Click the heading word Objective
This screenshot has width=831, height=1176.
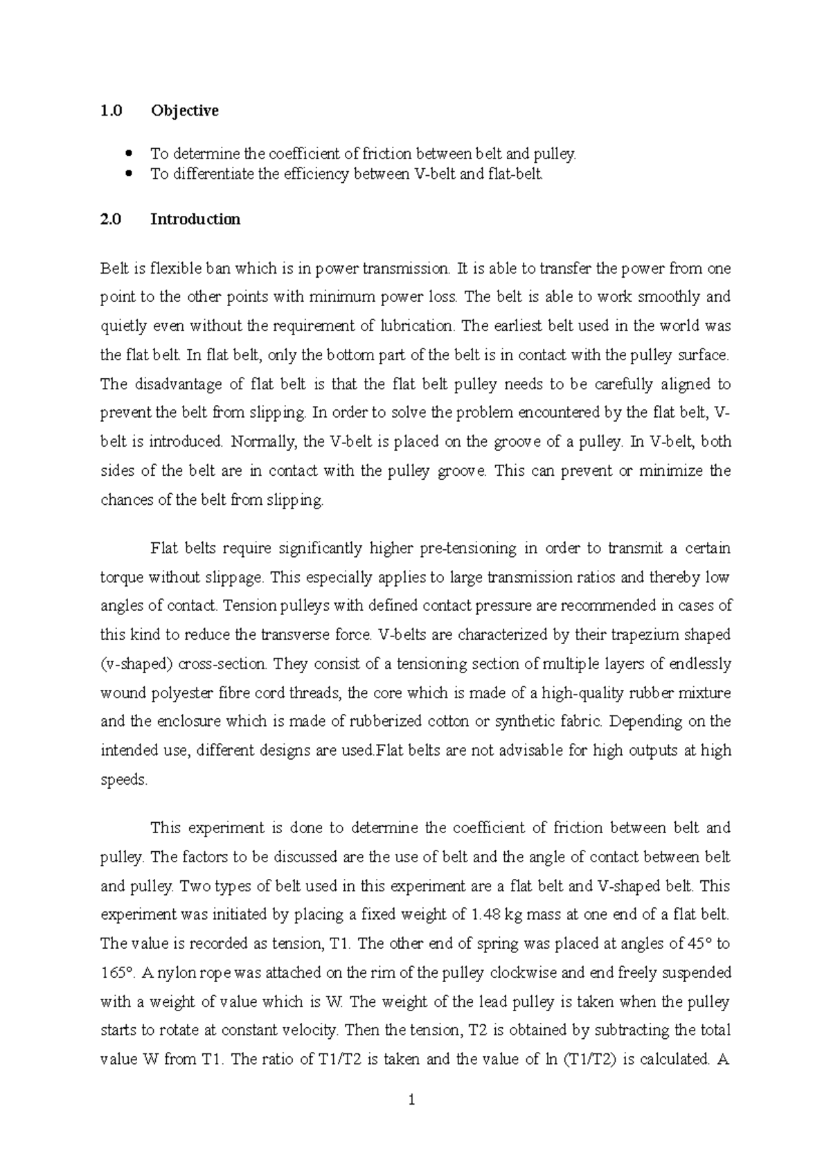tap(184, 111)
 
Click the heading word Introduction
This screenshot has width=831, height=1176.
tap(195, 220)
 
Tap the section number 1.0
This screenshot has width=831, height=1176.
tap(111, 111)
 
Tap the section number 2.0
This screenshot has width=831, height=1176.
tap(111, 220)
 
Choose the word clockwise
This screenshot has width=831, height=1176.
tap(524, 972)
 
